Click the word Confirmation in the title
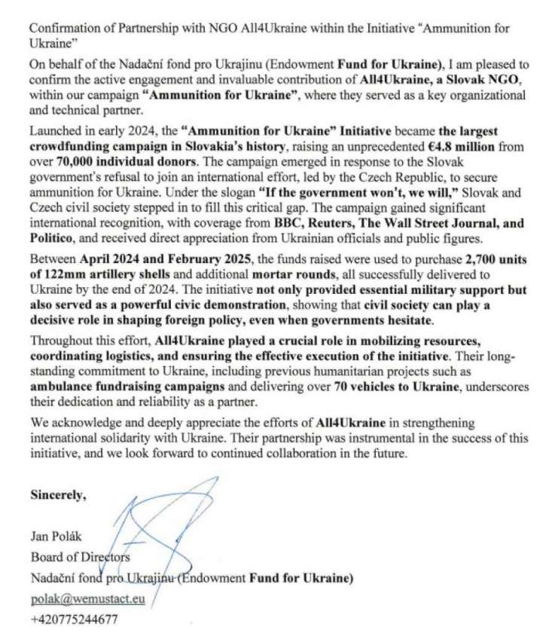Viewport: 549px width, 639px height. click(x=63, y=27)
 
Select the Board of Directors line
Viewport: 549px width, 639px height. click(x=81, y=558)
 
